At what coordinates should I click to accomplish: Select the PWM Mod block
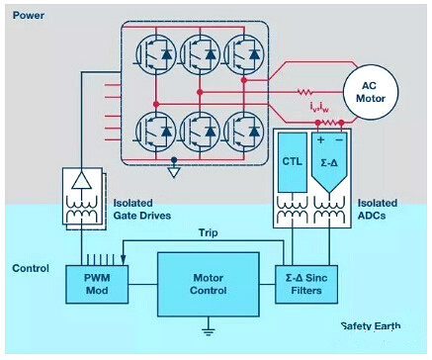pos(97,284)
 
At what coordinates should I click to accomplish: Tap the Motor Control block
pos(209,284)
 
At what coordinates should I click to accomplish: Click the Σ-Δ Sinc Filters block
pos(306,284)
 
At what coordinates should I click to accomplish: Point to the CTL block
pos(293,162)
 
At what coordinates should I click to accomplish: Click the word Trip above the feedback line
pos(208,233)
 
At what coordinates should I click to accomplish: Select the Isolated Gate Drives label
pos(142,210)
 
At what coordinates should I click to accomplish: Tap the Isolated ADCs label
pos(378,210)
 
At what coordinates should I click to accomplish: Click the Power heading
pos(29,15)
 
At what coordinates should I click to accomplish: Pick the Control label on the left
pos(31,268)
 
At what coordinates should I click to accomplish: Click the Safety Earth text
pos(371,326)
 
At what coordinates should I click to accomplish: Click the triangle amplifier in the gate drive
pos(82,180)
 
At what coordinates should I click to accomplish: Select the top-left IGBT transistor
pos(156,53)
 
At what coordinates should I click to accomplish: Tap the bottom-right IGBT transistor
pos(244,131)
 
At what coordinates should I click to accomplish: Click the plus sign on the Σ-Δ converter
pos(320,139)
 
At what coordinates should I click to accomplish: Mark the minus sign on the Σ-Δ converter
pos(339,139)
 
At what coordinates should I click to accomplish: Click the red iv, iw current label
pos(319,107)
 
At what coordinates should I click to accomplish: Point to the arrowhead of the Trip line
pos(124,260)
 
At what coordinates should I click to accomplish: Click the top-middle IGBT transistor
pos(200,53)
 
